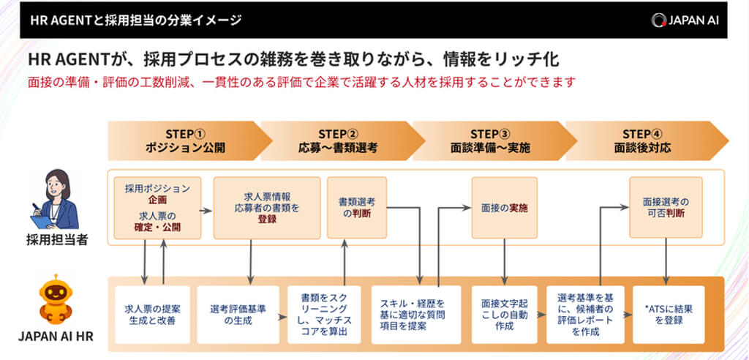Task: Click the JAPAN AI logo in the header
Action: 685,20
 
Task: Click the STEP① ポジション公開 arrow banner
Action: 184,140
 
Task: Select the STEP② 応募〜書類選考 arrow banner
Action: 336,140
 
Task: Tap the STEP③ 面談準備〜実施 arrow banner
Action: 489,140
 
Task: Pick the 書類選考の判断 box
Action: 355,208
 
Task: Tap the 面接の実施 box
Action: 504,208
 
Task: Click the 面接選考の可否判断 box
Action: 665,208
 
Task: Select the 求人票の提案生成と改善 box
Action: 153,314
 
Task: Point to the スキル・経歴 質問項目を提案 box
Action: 416,314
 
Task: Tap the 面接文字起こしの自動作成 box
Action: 504,314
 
